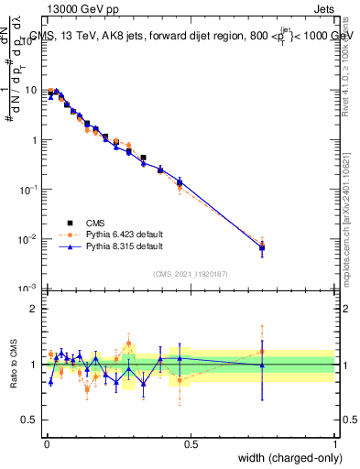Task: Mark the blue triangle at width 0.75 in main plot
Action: coord(263,247)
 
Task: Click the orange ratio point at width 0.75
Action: coord(263,351)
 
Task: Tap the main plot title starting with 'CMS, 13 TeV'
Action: coord(191,37)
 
